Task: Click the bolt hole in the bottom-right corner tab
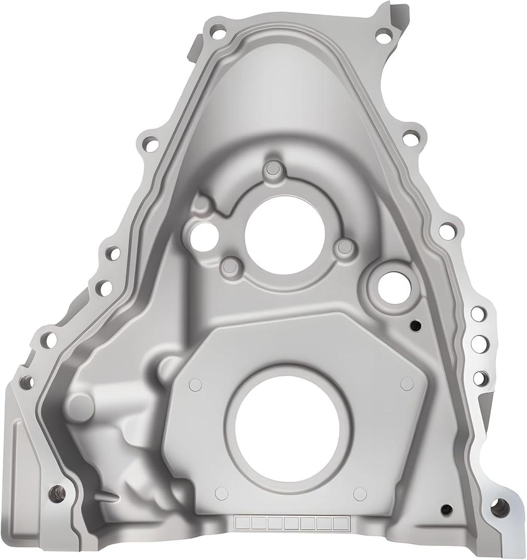click(499, 507)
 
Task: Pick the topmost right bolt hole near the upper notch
click(383, 37)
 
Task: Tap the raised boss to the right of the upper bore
click(344, 247)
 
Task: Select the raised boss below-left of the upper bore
click(231, 267)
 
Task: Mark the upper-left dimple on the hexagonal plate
click(195, 384)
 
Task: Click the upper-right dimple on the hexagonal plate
click(407, 384)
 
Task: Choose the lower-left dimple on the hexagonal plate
click(222, 493)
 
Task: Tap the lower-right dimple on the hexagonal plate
click(360, 494)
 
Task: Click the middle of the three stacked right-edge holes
click(480, 344)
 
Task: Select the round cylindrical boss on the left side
click(81, 406)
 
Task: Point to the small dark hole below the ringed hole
click(415, 325)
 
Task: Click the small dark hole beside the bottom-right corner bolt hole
click(446, 510)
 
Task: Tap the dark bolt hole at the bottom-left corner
click(57, 493)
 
